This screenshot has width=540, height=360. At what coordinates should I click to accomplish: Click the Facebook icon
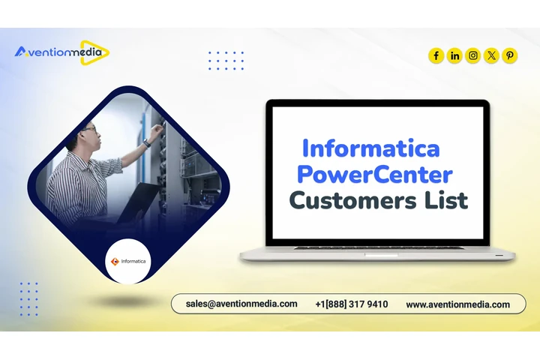click(x=436, y=55)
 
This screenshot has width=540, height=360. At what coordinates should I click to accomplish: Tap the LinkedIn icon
click(x=454, y=55)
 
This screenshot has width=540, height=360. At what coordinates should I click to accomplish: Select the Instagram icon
click(x=473, y=55)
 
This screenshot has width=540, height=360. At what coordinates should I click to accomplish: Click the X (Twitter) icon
click(x=491, y=55)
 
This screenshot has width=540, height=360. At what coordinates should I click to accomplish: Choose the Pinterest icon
click(x=510, y=55)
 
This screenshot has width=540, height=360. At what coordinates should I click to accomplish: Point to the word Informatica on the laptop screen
click(x=370, y=147)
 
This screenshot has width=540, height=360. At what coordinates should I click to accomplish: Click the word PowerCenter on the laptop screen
click(x=374, y=175)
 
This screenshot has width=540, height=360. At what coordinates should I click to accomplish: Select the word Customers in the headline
click(x=343, y=201)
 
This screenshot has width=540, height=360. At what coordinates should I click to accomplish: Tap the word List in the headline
click(x=447, y=200)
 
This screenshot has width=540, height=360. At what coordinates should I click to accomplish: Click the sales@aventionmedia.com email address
click(x=241, y=304)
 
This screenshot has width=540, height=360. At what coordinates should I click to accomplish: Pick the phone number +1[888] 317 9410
click(x=352, y=304)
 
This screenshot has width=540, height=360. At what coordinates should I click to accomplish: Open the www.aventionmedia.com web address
click(x=457, y=304)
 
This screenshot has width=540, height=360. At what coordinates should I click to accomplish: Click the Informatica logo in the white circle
click(x=129, y=262)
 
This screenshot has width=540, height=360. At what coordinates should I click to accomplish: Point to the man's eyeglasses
click(x=89, y=130)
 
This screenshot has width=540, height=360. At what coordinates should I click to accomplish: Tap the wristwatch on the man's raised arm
click(x=147, y=142)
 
